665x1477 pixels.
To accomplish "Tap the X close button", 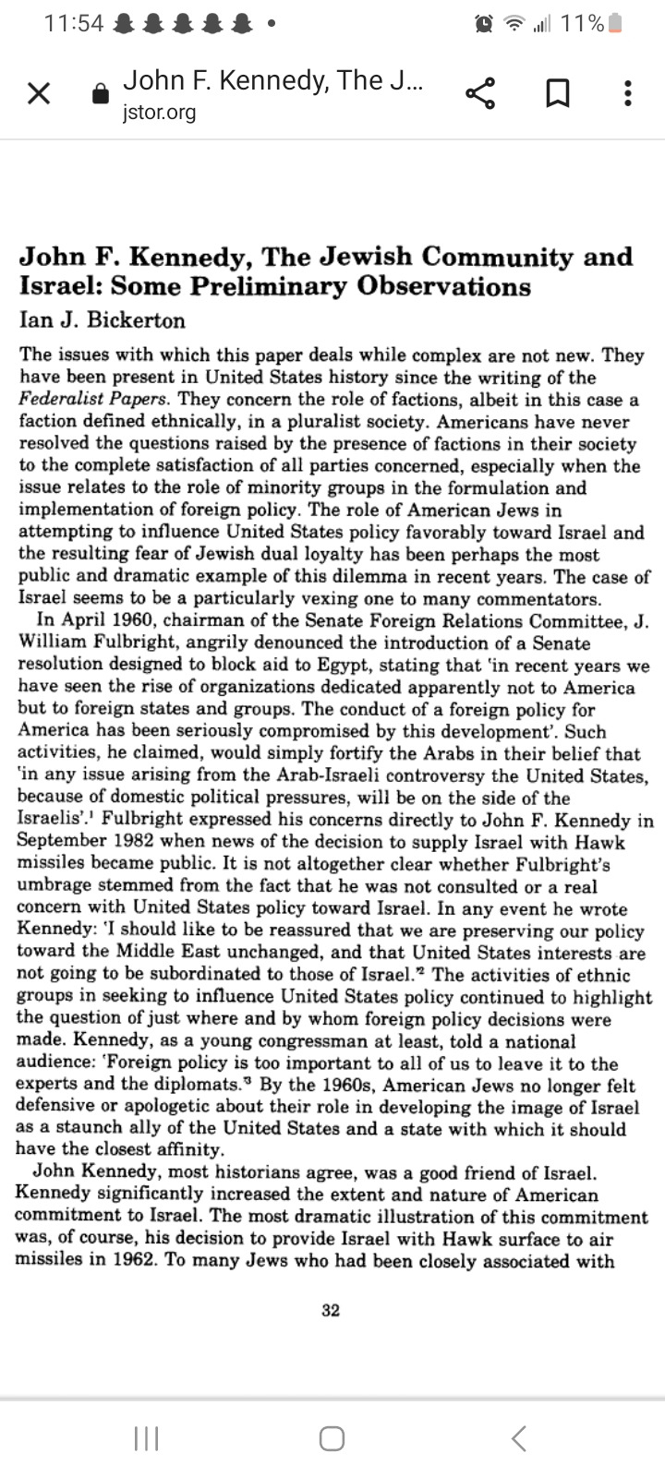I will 39,93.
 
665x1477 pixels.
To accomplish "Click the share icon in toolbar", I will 480,93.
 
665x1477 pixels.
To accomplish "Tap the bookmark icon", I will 556,93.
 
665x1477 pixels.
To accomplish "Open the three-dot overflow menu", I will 628,93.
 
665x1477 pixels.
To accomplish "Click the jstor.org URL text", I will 159,113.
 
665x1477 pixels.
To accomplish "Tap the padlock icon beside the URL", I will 102,94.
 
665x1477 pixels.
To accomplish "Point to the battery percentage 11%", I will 582,24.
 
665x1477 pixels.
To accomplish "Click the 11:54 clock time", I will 74,24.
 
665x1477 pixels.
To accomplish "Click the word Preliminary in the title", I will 270,287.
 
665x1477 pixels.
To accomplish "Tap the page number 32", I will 331,1310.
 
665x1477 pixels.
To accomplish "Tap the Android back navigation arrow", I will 519,1437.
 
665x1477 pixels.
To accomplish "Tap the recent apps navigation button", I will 146,1437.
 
